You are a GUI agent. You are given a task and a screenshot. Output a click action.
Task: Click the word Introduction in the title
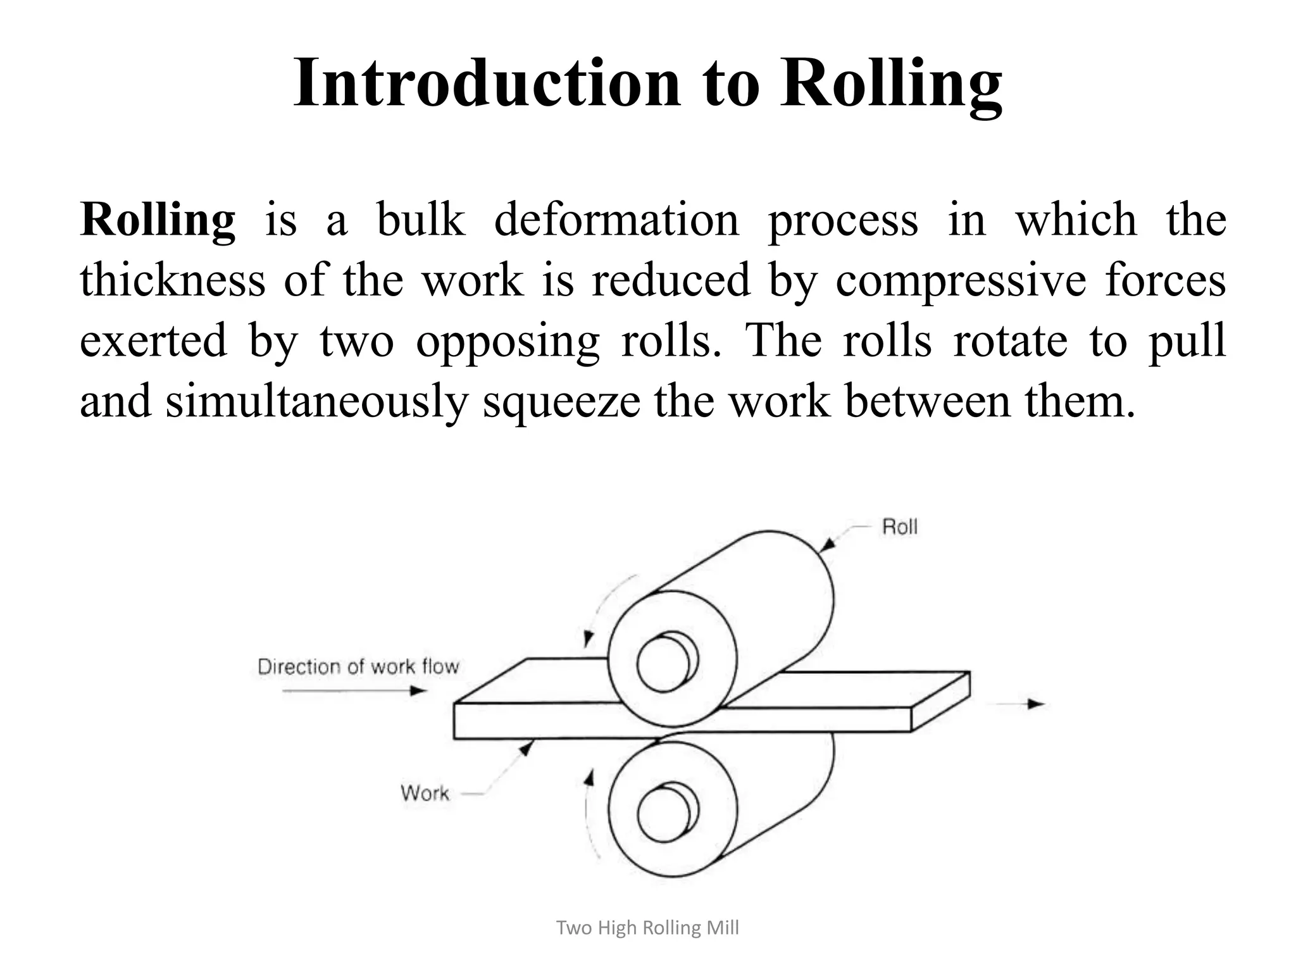point(487,83)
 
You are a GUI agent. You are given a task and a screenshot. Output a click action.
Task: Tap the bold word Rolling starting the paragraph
point(158,220)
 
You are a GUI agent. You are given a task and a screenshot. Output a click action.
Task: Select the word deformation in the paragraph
point(616,220)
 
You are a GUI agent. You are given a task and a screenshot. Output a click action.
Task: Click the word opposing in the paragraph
point(507,341)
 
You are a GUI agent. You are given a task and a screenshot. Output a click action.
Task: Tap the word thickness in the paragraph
point(172,280)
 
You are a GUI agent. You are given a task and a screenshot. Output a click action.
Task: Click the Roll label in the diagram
point(899,526)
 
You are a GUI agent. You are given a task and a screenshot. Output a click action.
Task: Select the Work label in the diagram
point(425,793)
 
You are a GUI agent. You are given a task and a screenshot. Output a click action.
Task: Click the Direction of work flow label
point(358,666)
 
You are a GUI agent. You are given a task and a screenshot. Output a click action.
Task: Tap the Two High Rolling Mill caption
point(647,928)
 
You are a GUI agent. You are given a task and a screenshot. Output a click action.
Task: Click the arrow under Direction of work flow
point(354,690)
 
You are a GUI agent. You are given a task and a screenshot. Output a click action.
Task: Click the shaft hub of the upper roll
point(665,664)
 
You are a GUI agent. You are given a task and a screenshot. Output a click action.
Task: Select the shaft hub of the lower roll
point(665,813)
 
